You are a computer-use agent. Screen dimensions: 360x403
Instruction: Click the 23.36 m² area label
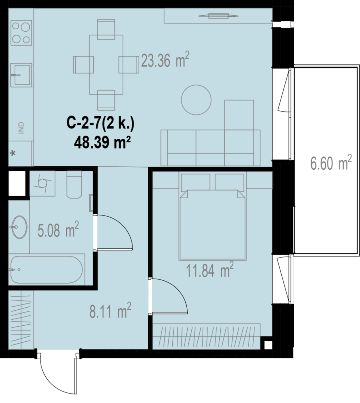[x=165, y=60]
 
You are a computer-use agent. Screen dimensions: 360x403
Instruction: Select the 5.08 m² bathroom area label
[x=58, y=230]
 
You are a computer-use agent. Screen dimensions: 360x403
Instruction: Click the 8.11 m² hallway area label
[x=110, y=310]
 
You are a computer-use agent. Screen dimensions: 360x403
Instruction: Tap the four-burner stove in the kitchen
[x=21, y=33]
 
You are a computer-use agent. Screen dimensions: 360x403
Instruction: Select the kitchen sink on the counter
[x=21, y=75]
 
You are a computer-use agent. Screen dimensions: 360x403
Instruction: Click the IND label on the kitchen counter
[x=21, y=128]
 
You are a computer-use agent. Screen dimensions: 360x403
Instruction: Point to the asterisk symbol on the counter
[x=13, y=154]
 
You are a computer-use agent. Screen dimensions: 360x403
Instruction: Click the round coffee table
[x=196, y=100]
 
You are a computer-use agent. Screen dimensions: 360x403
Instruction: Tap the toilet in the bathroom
[x=74, y=184]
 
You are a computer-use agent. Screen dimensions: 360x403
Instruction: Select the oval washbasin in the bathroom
[x=19, y=227]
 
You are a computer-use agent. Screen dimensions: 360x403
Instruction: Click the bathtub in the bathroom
[x=47, y=269]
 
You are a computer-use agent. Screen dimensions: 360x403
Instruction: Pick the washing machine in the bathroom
[x=42, y=183]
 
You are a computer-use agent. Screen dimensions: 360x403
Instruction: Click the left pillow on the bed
[x=195, y=182]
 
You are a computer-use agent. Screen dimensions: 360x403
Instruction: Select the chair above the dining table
[x=106, y=30]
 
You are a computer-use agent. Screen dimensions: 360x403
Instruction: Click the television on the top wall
[x=218, y=16]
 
